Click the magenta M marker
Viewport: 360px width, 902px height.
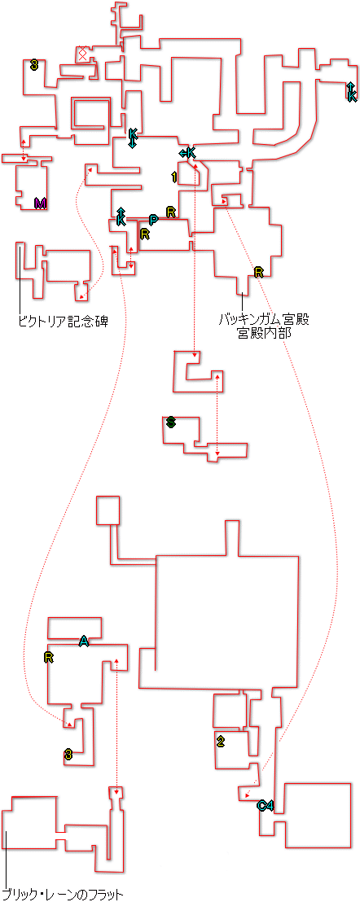pos(40,203)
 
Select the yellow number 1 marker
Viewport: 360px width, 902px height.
pos(173,177)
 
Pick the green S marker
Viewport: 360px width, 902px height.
pos(170,423)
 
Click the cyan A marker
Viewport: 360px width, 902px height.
pos(84,641)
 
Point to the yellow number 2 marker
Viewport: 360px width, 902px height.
pos(220,742)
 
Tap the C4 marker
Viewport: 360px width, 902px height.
pos(265,805)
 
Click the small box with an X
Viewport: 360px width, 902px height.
pos(82,54)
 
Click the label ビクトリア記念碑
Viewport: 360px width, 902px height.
pos(64,321)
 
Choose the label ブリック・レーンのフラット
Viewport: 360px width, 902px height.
pos(63,895)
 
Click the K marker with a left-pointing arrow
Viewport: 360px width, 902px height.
pos(187,152)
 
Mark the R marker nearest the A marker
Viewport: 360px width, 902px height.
pos(48,658)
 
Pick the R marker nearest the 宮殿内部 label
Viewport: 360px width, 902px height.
pos(258,272)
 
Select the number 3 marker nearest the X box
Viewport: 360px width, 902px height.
pos(34,66)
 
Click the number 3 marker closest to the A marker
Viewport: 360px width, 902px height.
pos(68,755)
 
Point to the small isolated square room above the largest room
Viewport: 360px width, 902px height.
pos(108,510)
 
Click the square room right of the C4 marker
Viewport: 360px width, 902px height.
pos(318,815)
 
